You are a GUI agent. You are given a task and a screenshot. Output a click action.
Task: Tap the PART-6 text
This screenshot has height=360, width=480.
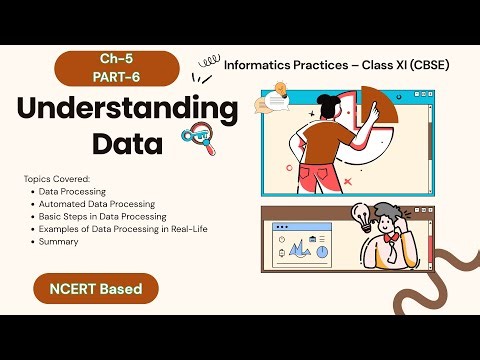click(108, 75)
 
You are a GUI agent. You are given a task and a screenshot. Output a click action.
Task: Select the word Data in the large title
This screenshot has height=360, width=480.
click(127, 143)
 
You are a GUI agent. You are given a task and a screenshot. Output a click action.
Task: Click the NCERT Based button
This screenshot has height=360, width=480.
click(96, 290)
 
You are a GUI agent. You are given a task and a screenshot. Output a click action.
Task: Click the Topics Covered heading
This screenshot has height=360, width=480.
click(56, 178)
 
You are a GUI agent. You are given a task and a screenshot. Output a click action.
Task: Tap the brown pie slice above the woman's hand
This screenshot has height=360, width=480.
click(377, 110)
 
